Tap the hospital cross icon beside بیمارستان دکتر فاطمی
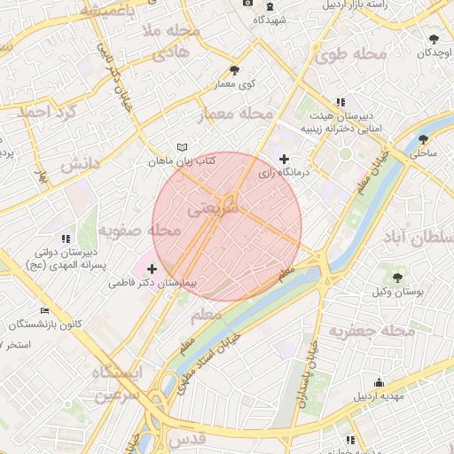[x=152, y=269]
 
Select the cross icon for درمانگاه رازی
[x=284, y=160]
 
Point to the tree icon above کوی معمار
[x=234, y=70]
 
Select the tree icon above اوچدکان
[x=433, y=39]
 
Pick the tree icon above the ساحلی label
[x=423, y=139]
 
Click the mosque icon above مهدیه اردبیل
[x=377, y=383]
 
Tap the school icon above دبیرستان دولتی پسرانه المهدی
[x=65, y=239]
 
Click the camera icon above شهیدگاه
[x=247, y=4]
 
